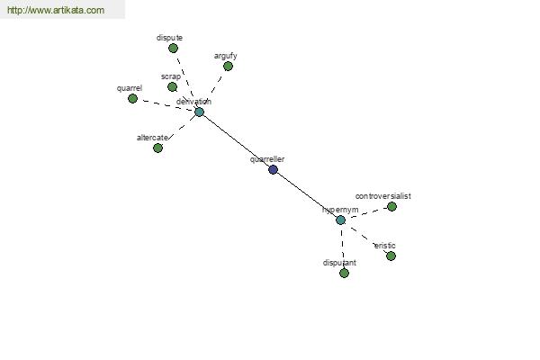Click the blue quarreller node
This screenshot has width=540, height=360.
(x=273, y=169)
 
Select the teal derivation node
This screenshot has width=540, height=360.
(x=200, y=112)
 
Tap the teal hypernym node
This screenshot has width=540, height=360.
(x=340, y=220)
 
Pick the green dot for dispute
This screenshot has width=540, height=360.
(x=173, y=49)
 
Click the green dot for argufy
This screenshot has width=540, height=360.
(x=228, y=66)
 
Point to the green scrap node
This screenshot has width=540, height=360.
(x=172, y=86)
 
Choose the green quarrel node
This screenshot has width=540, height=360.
(x=132, y=98)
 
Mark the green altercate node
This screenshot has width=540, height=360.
(x=157, y=148)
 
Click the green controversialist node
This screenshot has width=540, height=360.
(x=391, y=207)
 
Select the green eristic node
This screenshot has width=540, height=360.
(x=391, y=256)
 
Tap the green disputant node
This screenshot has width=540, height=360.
(x=344, y=274)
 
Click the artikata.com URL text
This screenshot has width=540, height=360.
(x=56, y=10)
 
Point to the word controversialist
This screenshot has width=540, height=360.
(x=383, y=196)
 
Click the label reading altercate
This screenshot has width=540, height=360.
(x=153, y=138)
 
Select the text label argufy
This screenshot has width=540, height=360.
(x=226, y=56)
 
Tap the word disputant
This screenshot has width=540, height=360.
(x=339, y=263)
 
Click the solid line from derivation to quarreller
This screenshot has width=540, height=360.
(x=236, y=141)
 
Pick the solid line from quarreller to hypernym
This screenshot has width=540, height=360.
(x=307, y=195)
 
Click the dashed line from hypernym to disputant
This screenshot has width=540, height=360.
(x=342, y=247)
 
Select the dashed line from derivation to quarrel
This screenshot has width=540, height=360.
(x=166, y=105)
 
